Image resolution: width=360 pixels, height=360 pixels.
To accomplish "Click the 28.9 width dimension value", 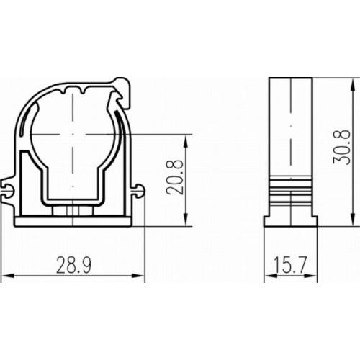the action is pyautogui.click(x=73, y=265).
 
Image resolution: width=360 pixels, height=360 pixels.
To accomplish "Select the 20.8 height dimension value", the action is pyautogui.click(x=175, y=177).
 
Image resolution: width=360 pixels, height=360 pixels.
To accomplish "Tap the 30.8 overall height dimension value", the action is pyautogui.click(x=341, y=147).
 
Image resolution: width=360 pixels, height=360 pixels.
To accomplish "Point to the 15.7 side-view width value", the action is pyautogui.click(x=290, y=265).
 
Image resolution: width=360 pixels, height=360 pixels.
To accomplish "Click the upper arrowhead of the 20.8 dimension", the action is pyautogui.click(x=186, y=141).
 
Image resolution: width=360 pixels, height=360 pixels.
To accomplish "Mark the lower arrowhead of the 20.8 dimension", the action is pyautogui.click(x=186, y=220).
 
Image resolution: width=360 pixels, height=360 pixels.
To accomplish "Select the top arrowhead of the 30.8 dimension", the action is pyautogui.click(x=353, y=84).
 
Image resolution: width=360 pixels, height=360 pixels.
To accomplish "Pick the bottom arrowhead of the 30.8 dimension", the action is pyautogui.click(x=353, y=220).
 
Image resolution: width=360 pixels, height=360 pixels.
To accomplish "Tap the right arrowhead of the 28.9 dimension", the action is pyautogui.click(x=138, y=276).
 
